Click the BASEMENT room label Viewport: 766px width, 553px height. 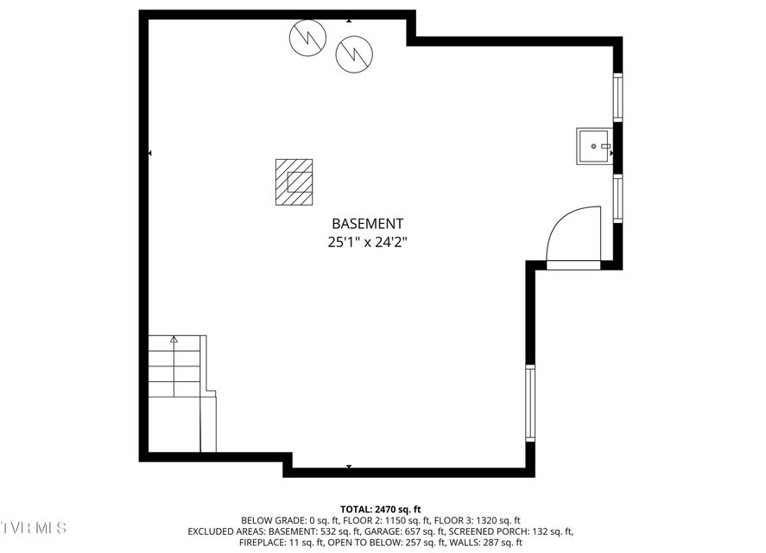367,224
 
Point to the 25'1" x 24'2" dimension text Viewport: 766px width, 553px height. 367,242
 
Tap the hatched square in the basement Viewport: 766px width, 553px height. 294,182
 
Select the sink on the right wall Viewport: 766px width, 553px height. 593,146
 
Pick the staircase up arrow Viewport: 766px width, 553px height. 174,340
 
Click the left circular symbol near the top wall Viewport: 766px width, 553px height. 307,37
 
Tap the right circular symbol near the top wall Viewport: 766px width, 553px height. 355,54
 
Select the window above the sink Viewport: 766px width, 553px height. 617,97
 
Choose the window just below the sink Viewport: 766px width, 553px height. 617,198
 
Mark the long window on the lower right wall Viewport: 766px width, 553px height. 530,403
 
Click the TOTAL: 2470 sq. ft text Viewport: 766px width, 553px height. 381,510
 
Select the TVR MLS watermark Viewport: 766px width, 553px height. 33,528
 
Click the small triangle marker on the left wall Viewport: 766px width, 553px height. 150,153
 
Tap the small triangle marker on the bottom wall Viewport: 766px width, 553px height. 349,467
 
